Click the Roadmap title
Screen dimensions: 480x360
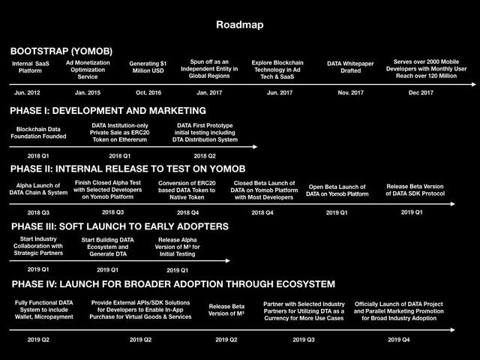tap(240, 25)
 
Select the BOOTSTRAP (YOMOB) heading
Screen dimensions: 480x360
tap(61, 51)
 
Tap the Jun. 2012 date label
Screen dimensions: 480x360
tap(27, 93)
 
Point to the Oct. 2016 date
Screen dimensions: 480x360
tap(148, 93)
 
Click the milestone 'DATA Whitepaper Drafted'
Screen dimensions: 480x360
tap(350, 67)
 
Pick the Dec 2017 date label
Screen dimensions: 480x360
tap(421, 93)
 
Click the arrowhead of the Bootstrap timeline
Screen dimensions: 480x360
tap(474, 85)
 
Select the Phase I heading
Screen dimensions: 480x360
tap(108, 111)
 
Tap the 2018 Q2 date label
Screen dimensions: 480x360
tap(205, 156)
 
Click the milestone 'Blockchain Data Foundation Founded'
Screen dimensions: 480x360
tap(38, 133)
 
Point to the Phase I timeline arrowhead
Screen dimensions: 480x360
tap(255, 147)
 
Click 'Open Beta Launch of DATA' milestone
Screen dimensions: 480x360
tap(337, 190)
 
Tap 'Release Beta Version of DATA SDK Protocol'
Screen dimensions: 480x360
tap(415, 190)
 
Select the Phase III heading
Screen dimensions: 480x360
tap(120, 226)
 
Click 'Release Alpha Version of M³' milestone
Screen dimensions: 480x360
tap(178, 247)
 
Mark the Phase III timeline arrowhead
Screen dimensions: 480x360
tap(227, 261)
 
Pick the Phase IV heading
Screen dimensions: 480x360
tap(173, 284)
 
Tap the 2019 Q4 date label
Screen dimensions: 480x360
tap(399, 340)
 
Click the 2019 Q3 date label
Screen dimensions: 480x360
tap(304, 340)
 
